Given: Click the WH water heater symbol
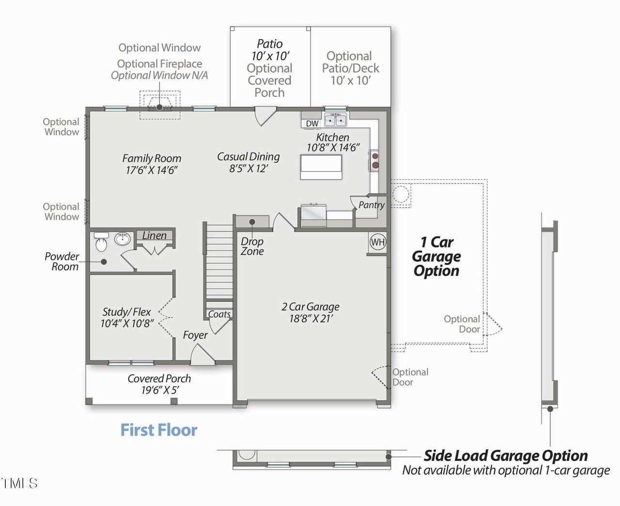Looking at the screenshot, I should point(378,242).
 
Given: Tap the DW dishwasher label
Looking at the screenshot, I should point(312,124).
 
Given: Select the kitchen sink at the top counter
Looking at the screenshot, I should point(335,119).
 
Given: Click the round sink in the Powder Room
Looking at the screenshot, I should point(123,239).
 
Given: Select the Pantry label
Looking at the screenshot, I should point(372,205).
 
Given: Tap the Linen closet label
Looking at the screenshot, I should point(154,236).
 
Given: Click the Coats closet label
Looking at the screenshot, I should point(219,314).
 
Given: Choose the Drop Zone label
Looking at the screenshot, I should point(252,246).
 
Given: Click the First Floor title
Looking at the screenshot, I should point(158,430).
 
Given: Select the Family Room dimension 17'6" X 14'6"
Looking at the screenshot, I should point(152,170).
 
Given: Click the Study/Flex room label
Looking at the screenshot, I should point(126,312).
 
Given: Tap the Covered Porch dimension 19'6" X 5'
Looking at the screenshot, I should point(160,391).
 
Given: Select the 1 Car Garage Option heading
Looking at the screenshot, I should point(436,256).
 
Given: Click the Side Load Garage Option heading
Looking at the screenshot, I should point(505,456).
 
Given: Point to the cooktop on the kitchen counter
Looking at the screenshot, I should point(375,161).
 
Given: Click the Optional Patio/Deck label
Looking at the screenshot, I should point(350,68).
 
